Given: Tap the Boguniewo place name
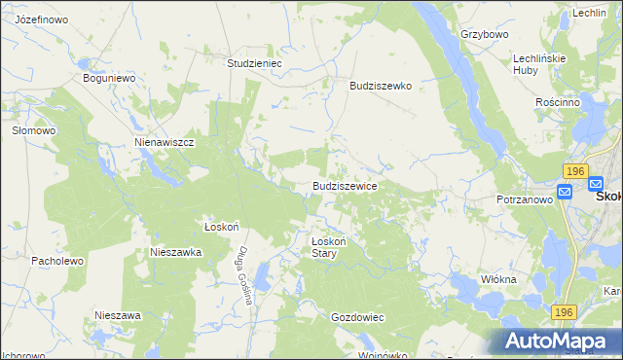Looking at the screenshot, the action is tap(108, 78).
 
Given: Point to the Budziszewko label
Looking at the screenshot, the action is tap(382, 86).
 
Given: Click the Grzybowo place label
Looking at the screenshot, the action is tap(485, 34).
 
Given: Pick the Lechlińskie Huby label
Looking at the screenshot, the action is tap(539, 64).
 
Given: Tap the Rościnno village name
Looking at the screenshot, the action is tap(558, 101).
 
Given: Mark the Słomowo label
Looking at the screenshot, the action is tap(32, 129).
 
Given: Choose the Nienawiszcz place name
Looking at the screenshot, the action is tap(165, 142).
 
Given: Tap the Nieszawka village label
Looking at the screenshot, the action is tap(175, 251).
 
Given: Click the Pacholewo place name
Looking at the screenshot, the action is tap(58, 261).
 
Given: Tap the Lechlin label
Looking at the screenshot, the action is tap(590, 13).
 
